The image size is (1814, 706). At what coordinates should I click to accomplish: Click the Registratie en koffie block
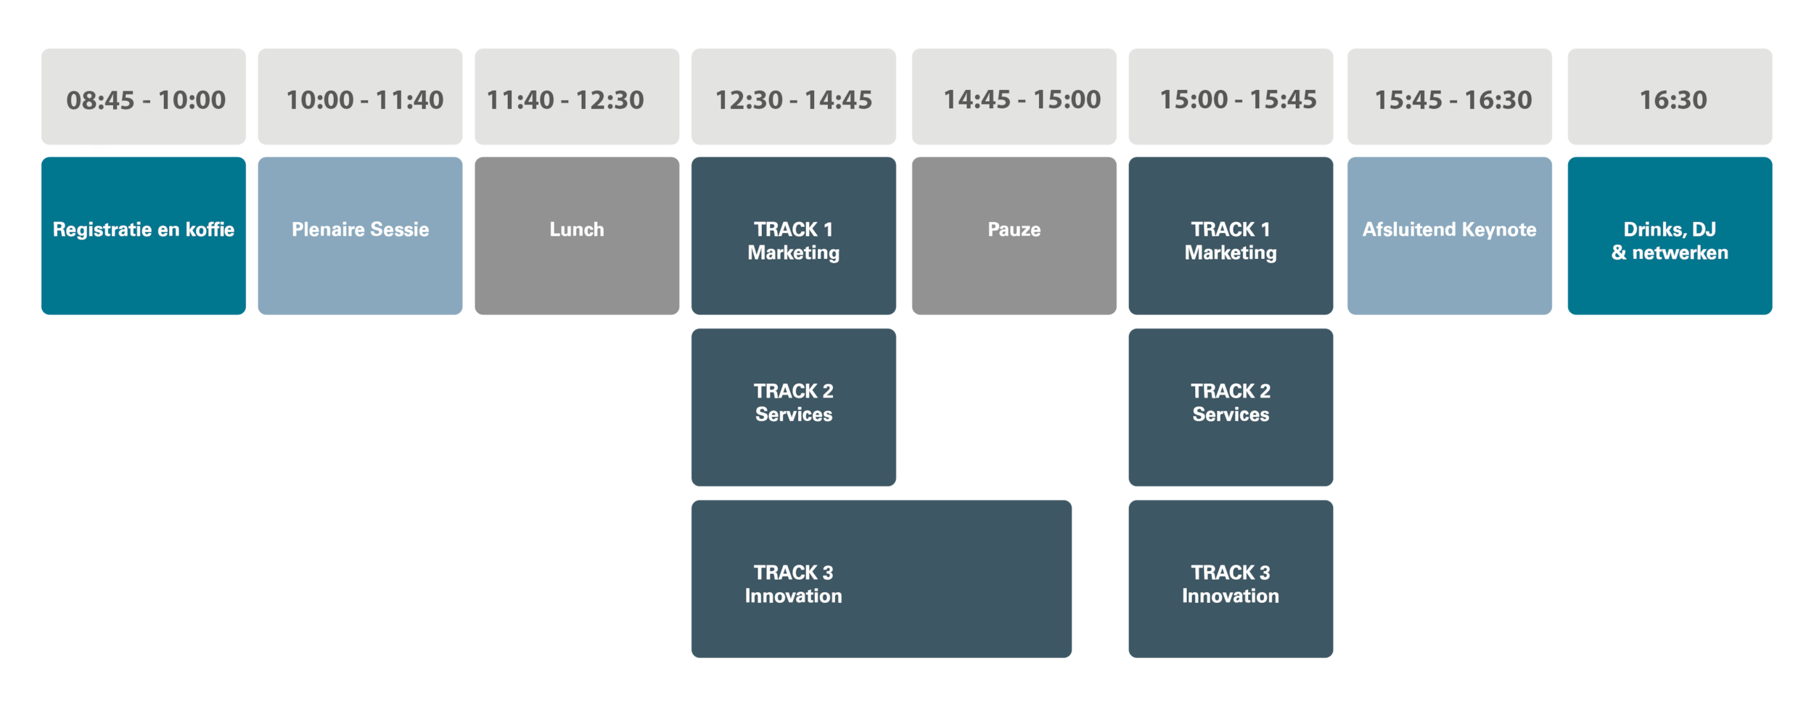click(144, 236)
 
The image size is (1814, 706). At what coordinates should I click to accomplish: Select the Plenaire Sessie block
click(360, 236)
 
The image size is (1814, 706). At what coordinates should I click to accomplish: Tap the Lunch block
click(576, 236)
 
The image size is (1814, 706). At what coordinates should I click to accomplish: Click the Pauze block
click(1014, 236)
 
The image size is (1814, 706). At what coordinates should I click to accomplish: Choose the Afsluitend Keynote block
click(1449, 236)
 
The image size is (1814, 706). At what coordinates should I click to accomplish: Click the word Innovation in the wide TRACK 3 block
click(793, 596)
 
